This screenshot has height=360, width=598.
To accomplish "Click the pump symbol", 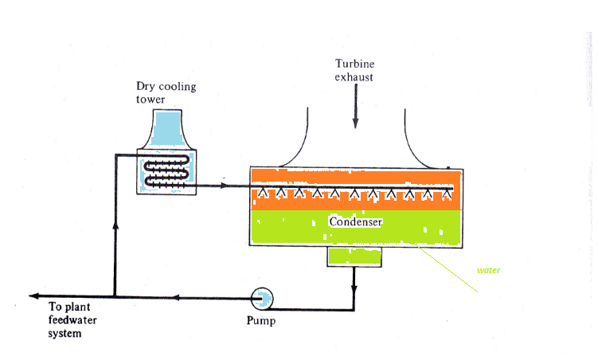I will pos(262,298).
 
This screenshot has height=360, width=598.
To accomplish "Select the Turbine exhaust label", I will pos(355,70).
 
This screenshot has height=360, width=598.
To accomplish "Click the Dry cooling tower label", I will pos(166,92).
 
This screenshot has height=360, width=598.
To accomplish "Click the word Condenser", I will pos(356,222).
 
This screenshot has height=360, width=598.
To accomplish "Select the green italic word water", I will pos(488,271).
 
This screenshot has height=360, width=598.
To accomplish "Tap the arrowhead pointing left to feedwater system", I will pos(33,296).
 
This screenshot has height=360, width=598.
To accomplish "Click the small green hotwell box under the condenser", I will pos(354,256).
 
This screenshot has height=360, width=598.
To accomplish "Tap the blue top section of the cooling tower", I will pos(166,127).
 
